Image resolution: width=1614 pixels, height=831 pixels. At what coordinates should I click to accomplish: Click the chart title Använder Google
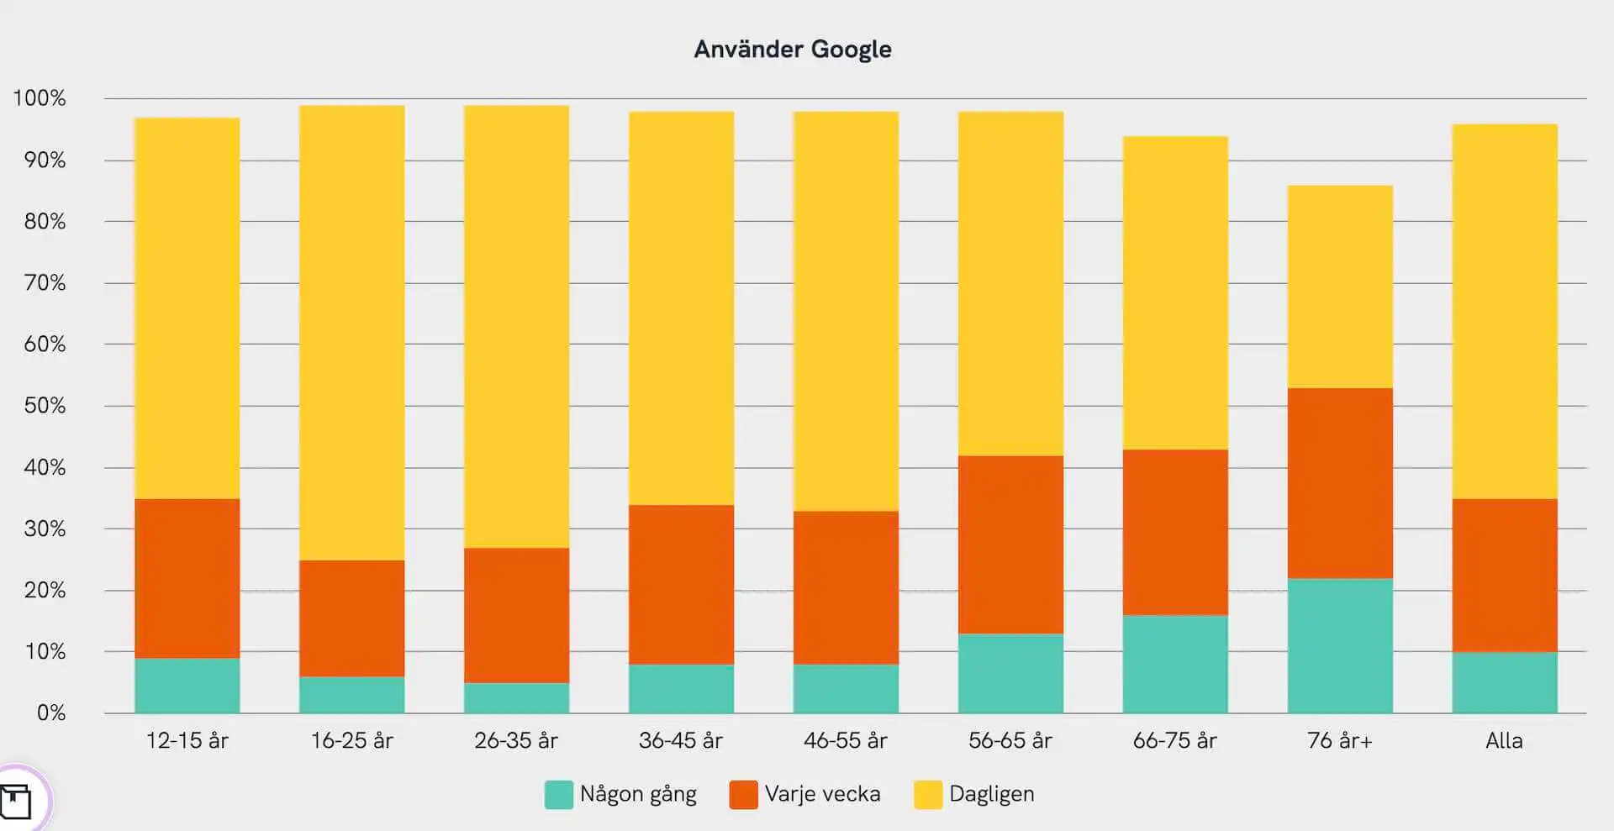point(793,50)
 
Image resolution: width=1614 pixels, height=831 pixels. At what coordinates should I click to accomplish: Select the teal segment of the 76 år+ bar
point(1340,645)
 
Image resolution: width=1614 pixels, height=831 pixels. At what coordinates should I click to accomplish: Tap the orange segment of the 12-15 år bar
point(187,578)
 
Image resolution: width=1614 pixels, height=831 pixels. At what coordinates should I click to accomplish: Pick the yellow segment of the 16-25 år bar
point(351,333)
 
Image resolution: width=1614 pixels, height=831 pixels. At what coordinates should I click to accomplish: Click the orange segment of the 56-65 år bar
point(1010,544)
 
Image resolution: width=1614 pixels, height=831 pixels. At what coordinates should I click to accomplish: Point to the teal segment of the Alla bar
point(1504,682)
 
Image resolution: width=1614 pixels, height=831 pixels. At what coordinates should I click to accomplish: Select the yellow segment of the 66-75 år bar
point(1175,292)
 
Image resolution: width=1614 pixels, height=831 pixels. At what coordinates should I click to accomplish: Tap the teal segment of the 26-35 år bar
point(516,697)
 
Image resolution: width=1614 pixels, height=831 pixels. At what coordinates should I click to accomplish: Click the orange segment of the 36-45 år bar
point(681,585)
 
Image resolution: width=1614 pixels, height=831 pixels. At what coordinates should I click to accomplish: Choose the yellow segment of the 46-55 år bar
point(846,311)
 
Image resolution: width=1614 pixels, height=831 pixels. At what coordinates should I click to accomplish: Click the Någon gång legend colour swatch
point(558,795)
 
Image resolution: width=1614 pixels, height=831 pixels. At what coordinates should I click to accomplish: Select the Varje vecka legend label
point(822,795)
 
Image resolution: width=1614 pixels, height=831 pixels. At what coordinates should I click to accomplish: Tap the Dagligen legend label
point(991,795)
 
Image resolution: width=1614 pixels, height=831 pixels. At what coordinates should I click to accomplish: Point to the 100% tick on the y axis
point(40,98)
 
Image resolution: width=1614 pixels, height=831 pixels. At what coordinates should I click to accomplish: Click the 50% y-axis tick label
point(45,406)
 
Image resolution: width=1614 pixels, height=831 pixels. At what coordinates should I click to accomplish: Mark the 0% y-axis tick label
point(50,713)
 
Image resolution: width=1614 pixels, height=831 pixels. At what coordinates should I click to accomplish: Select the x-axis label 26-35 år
point(516,741)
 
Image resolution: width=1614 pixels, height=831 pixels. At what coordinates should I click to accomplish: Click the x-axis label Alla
point(1504,741)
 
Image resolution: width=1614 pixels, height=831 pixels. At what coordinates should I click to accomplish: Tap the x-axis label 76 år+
point(1340,741)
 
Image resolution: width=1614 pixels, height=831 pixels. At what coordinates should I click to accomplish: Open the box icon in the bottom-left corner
point(15,801)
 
